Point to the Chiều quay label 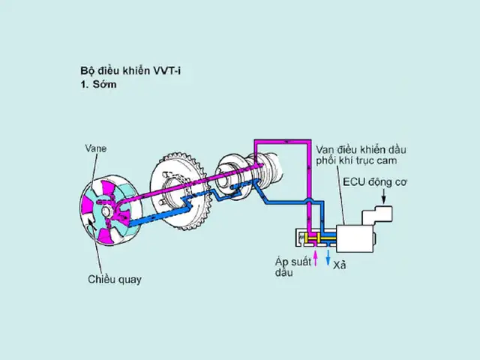pos(113,280)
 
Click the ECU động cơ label pos(373,182)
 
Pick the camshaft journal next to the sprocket pos(233,175)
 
